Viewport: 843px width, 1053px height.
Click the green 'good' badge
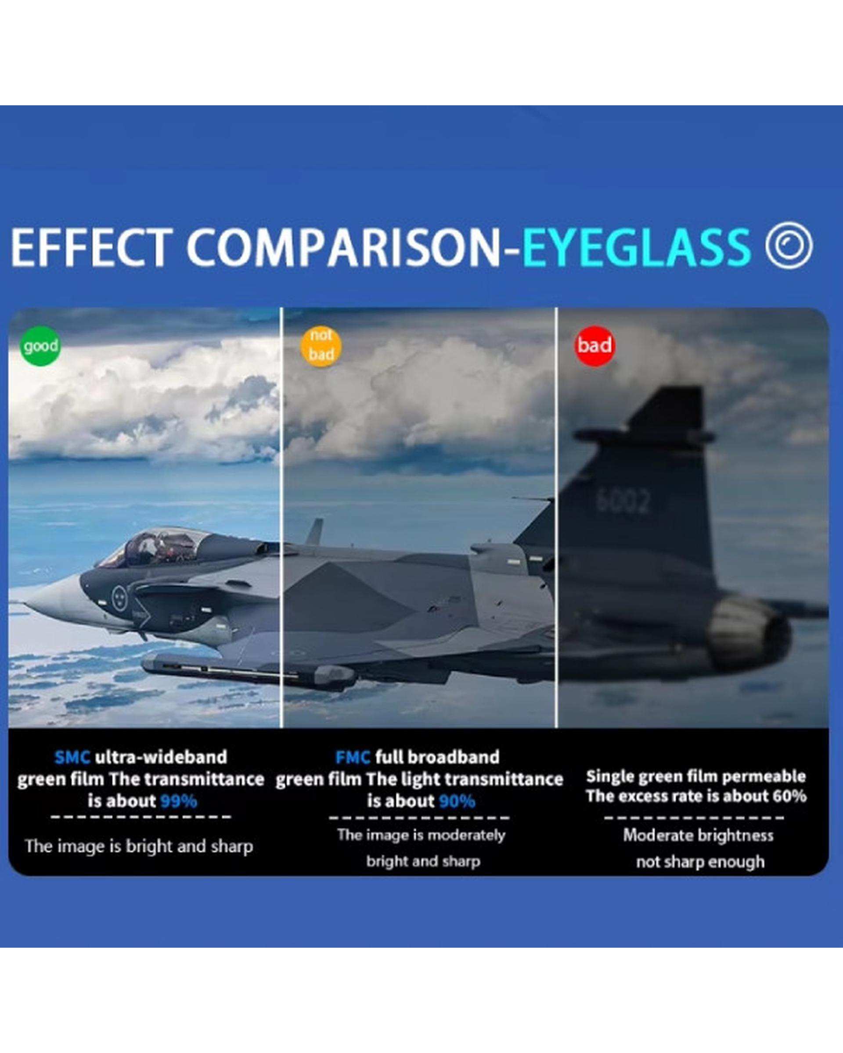click(40, 346)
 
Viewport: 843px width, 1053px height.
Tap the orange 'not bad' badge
click(321, 345)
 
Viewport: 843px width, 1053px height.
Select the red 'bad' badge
click(594, 345)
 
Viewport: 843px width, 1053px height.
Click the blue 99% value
click(179, 802)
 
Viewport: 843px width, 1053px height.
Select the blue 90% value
click(458, 802)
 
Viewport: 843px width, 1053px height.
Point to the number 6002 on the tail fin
click(623, 501)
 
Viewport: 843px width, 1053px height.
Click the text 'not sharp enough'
click(700, 862)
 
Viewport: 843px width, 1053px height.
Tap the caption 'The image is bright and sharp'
click(139, 846)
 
